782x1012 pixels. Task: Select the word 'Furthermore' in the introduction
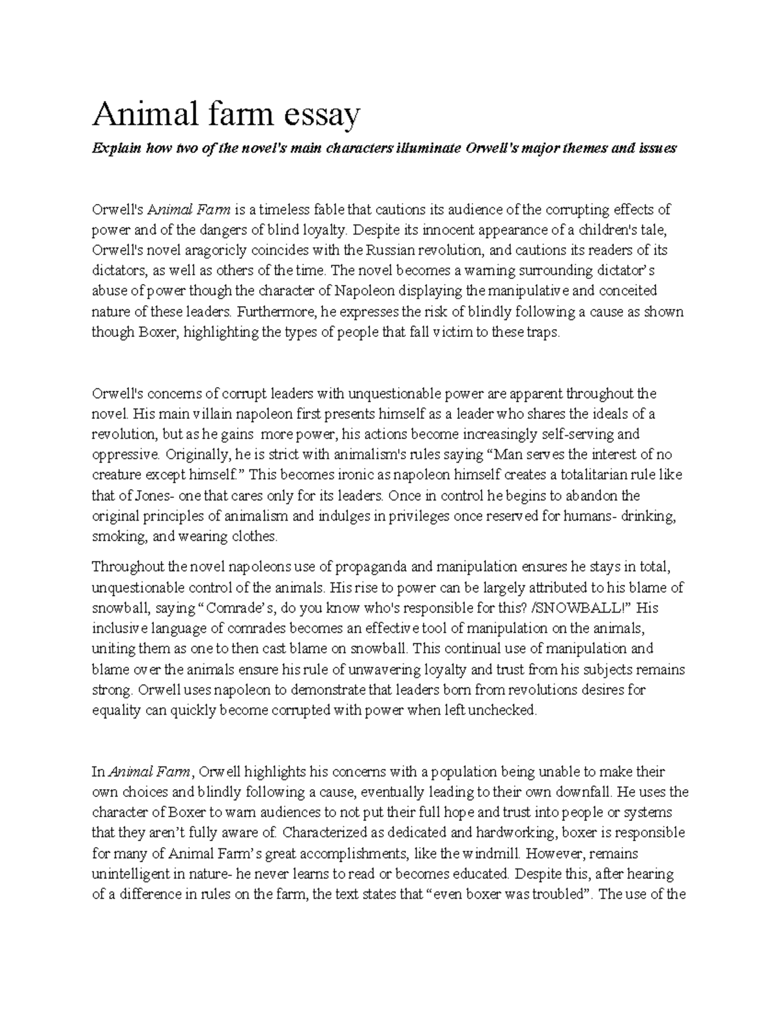pyautogui.click(x=276, y=311)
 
